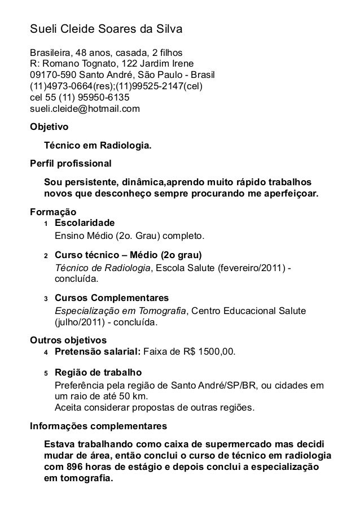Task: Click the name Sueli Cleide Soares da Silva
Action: click(x=107, y=29)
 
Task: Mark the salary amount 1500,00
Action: click(x=214, y=354)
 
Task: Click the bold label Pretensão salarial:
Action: click(x=98, y=354)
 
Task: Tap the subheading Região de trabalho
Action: click(x=98, y=373)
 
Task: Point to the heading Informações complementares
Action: click(x=98, y=425)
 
